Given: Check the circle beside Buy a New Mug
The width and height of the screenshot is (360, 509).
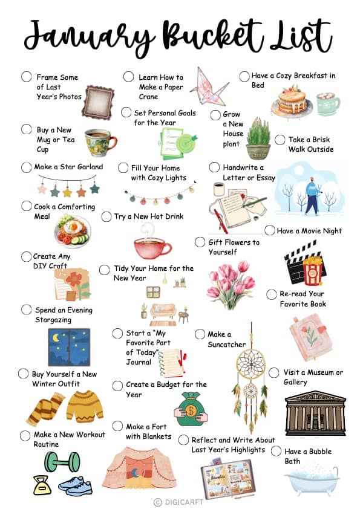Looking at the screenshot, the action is point(26,129).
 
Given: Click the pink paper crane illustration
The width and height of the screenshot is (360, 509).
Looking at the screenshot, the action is point(208,87).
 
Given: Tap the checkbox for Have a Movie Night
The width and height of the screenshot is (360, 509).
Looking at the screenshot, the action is point(270,230).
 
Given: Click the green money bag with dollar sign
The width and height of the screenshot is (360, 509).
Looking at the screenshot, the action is point(191,410).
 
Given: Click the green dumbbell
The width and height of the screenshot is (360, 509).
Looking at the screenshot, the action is point(62,462).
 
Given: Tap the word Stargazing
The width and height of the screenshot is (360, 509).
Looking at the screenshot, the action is point(53,320).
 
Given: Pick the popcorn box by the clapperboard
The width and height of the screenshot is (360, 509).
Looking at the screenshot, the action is point(312,270).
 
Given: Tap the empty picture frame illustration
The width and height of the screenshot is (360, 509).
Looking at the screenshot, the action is point(98,102).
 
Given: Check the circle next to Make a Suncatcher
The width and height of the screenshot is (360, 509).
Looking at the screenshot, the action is point(200,334).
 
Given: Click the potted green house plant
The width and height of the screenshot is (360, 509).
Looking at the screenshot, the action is point(258,139).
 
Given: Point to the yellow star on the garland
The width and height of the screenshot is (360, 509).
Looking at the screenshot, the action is point(67,192).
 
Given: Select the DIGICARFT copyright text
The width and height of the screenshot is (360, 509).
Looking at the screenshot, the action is point(178,502).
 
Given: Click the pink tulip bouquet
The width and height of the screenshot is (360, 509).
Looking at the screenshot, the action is point(231,285).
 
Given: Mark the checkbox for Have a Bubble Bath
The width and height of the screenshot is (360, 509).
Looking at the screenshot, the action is point(276,451).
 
